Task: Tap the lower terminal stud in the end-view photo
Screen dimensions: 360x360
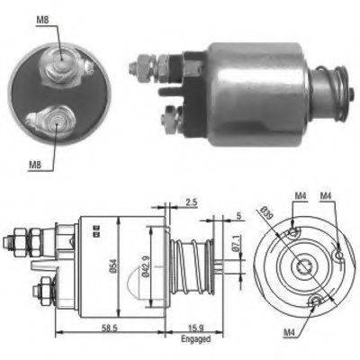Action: pyautogui.click(x=49, y=118)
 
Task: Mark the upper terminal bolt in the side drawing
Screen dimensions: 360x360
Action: pyautogui.click(x=19, y=241)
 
